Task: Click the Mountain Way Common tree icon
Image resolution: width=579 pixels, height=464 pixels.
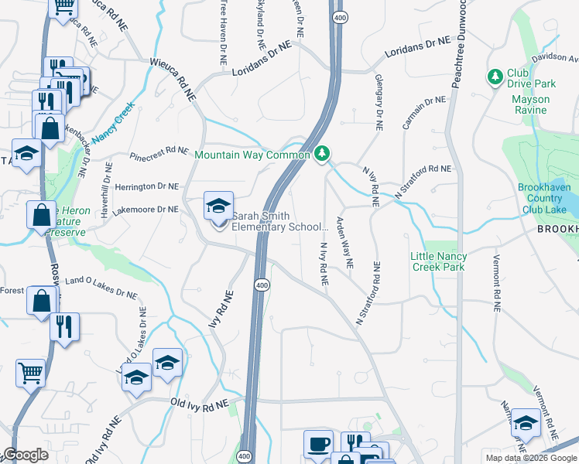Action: point(322,155)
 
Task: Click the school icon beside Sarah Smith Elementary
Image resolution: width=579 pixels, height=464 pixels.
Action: point(218,206)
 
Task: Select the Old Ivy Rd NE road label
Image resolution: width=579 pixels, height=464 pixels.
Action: point(200,404)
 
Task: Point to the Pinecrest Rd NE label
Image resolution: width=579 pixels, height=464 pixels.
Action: point(159,152)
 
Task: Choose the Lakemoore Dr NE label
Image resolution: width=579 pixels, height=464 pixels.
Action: point(146,209)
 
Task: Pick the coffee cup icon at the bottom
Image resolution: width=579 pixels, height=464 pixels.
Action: point(318,444)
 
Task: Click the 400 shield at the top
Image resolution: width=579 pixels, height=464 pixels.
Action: point(338,16)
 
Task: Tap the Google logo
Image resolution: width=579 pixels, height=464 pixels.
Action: point(25,455)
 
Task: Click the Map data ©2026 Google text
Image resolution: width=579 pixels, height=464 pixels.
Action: point(531,457)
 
